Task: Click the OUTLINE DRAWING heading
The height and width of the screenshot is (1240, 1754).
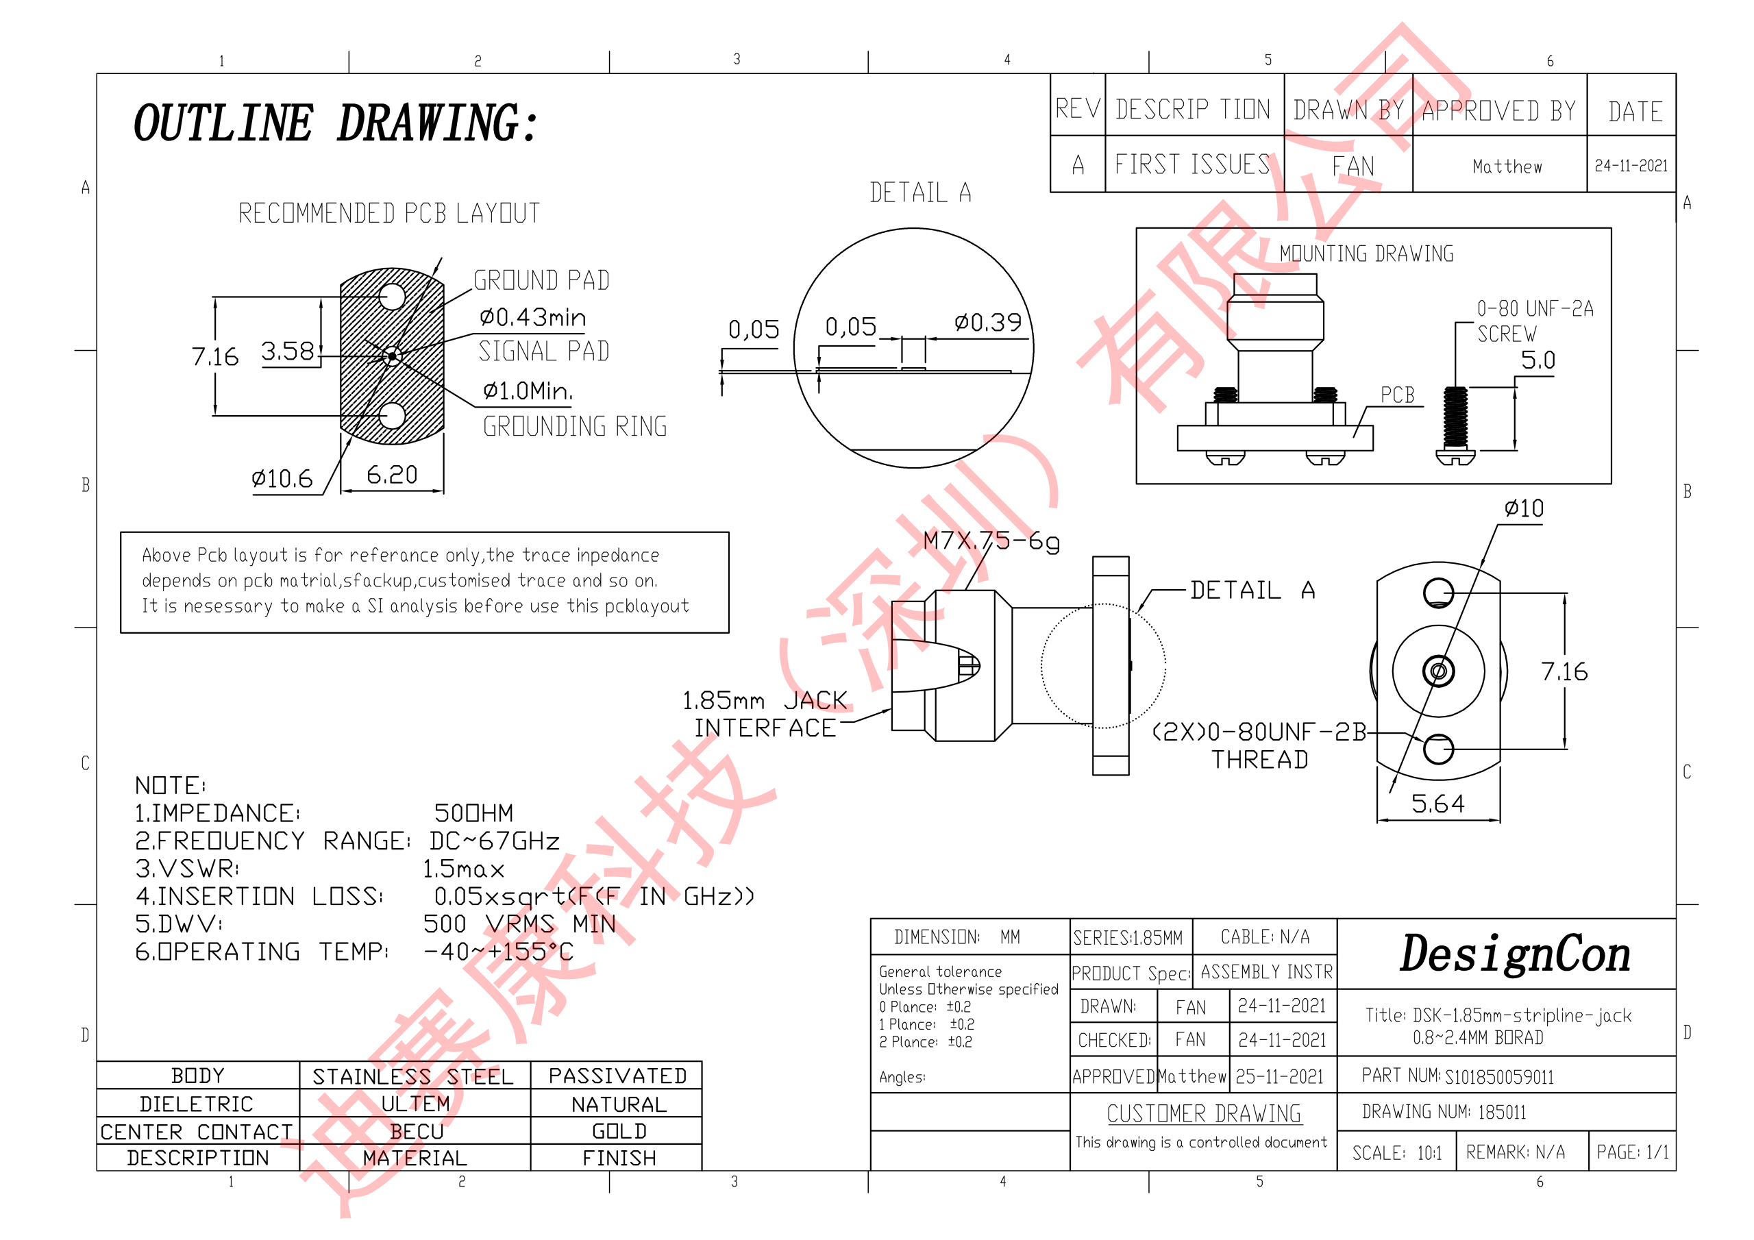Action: tap(336, 124)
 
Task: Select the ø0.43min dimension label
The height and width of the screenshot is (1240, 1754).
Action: tap(532, 317)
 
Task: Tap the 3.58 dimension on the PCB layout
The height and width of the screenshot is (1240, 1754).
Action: tap(287, 351)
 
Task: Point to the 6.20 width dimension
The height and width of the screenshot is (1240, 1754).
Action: tap(392, 475)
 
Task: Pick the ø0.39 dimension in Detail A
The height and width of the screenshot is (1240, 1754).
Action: tap(987, 323)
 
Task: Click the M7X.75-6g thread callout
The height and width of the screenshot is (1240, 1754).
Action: tap(991, 541)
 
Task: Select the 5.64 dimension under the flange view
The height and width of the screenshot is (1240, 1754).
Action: tap(1437, 804)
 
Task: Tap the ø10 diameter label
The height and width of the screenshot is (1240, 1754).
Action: tap(1523, 509)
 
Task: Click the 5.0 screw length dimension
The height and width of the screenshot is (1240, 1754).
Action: tap(1537, 360)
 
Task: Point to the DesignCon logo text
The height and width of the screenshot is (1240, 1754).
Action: tap(1515, 954)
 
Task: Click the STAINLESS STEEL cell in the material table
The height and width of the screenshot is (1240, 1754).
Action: tap(413, 1076)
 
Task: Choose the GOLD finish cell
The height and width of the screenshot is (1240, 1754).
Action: tap(619, 1132)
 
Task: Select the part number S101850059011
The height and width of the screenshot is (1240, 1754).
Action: tap(1499, 1077)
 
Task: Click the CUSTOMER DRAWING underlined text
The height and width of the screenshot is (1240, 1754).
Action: tap(1204, 1114)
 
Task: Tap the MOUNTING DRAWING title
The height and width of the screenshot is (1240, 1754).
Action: tap(1366, 253)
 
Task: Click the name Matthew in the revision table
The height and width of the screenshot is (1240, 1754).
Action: tap(1507, 166)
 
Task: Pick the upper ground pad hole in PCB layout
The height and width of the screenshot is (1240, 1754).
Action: tap(392, 297)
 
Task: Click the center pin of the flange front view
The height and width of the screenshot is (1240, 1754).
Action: tap(1439, 671)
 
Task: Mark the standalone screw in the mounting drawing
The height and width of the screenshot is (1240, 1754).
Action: tap(1455, 425)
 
